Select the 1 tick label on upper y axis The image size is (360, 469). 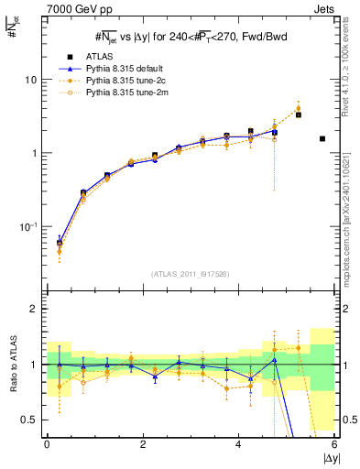33,153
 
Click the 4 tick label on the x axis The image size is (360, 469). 238,445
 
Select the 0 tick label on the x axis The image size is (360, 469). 47,445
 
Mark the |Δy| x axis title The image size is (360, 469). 327,457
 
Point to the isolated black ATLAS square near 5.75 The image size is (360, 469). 322,138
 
